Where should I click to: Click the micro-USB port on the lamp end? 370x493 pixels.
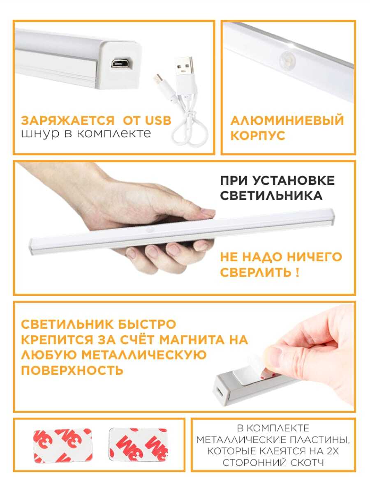coord(121,63)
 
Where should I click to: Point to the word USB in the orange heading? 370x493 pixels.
coord(158,120)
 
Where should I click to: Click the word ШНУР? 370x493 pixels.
coord(40,134)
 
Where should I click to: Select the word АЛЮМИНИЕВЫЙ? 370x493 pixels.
coord(287,120)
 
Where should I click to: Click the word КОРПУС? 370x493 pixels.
coord(258,136)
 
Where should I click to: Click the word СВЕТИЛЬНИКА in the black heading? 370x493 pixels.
coord(271,196)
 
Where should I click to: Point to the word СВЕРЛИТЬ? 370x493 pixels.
coord(255,273)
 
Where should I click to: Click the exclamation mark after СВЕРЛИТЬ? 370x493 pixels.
coord(297,273)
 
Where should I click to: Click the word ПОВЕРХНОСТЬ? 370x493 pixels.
coord(72,370)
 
